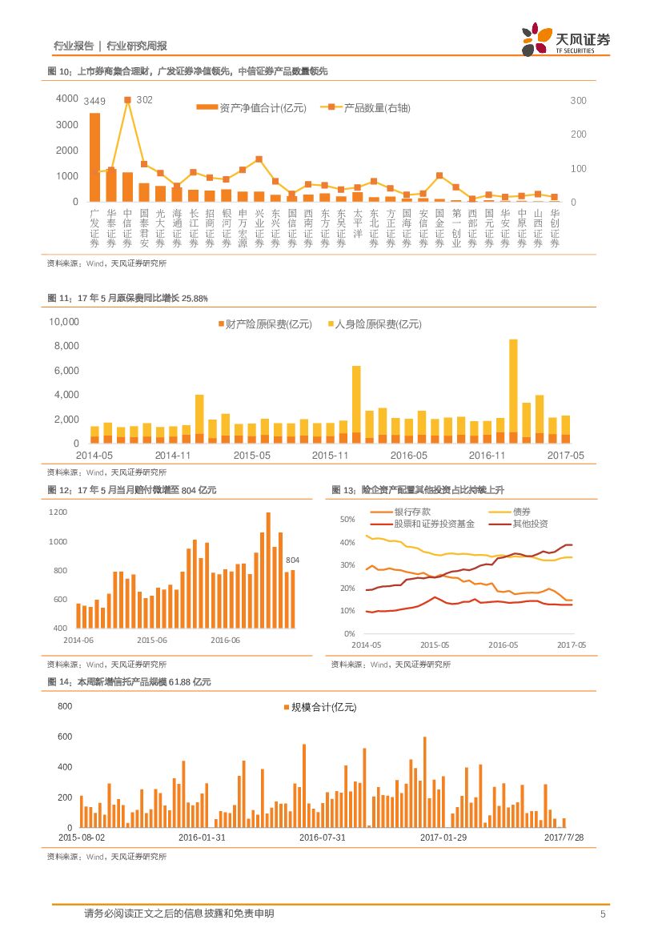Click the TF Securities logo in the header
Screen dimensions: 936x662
click(565, 38)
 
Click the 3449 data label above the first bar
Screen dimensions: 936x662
click(94, 100)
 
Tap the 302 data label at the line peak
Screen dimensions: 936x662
click(145, 99)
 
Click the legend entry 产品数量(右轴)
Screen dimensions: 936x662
click(365, 108)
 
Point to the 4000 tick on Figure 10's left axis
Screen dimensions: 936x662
click(67, 98)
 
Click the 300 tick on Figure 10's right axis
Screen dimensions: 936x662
click(578, 100)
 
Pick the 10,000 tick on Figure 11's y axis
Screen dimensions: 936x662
click(64, 322)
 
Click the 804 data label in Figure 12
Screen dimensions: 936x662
click(293, 559)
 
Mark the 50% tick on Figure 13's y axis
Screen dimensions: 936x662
click(347, 520)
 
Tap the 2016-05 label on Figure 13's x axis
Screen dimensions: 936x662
click(503, 645)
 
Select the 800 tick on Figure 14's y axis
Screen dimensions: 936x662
click(65, 706)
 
